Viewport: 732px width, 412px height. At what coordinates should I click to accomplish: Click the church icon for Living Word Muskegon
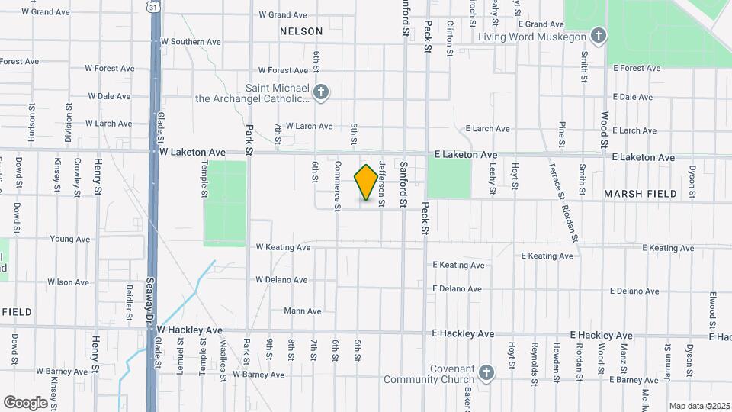(599, 37)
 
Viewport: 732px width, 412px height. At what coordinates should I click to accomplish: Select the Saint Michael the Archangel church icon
(322, 93)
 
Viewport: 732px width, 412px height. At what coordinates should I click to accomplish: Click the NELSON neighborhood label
(301, 31)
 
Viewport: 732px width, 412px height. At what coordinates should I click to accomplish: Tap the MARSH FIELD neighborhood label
(640, 194)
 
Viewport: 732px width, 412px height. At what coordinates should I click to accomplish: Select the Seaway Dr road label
(151, 291)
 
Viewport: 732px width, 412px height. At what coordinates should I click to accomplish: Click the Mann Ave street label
(302, 311)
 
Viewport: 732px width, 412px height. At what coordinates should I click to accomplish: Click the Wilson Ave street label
(68, 282)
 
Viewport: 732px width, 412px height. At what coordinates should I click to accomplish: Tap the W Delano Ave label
(281, 280)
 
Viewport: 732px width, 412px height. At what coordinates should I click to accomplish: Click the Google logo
(26, 402)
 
